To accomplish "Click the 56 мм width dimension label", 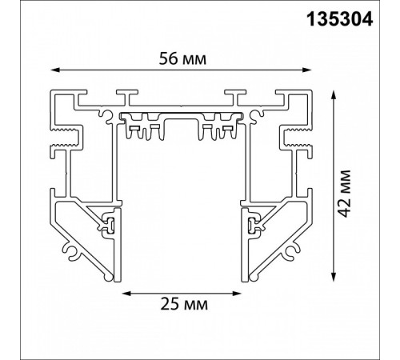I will pyautogui.click(x=181, y=58).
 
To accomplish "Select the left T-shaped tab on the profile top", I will pyautogui.click(x=124, y=96).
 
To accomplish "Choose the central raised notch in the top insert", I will pyautogui.click(x=181, y=120).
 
